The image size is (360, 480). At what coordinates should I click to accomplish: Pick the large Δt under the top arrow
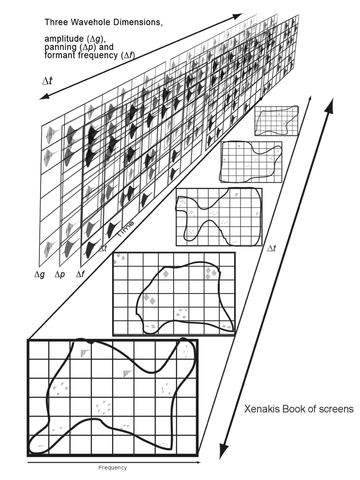tap(47, 81)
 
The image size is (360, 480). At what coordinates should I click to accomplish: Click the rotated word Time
tap(125, 229)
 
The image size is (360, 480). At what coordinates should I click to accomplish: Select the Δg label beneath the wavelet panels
tap(39, 274)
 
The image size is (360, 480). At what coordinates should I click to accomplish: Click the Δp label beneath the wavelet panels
tap(60, 274)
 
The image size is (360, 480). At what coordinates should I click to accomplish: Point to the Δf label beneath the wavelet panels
tap(80, 274)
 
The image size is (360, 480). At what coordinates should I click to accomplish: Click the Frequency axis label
tap(113, 467)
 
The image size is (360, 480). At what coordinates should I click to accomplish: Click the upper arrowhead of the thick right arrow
tap(331, 104)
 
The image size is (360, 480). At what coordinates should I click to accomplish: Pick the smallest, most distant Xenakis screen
tap(276, 120)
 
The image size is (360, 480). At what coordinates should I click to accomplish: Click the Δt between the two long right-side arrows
tap(271, 248)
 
